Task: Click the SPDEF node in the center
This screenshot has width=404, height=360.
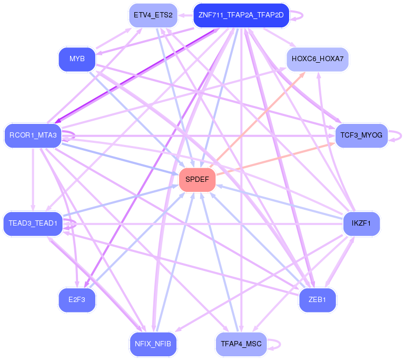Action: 198,180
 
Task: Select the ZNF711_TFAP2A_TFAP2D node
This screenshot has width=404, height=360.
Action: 241,15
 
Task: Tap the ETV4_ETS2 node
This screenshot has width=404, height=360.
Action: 153,15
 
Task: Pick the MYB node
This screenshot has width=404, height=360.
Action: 77,59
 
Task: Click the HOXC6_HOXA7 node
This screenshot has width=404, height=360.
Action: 317,59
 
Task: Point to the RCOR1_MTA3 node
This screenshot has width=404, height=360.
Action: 33,135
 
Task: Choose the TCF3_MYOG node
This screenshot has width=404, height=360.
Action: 361,135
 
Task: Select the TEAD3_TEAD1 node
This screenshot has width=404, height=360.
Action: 33,223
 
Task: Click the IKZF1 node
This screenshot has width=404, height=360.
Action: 361,223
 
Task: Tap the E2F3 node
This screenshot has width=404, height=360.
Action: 77,300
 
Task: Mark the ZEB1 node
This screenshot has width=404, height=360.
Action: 317,300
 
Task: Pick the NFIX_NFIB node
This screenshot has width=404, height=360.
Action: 153,344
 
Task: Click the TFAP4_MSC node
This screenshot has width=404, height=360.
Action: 241,344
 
